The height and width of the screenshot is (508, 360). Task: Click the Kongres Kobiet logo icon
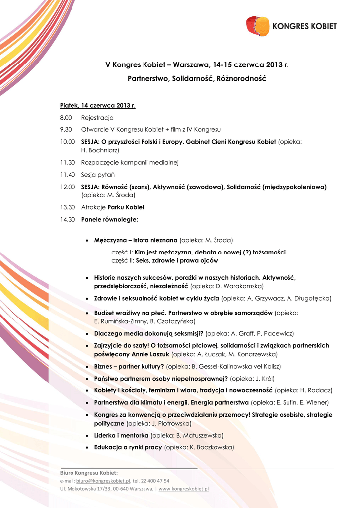pyautogui.click(x=258, y=26)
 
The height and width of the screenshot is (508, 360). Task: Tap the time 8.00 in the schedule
pyautogui.click(x=66, y=118)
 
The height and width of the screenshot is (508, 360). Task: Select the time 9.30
pyautogui.click(x=66, y=130)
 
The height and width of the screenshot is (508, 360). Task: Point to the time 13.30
pyautogui.click(x=67, y=207)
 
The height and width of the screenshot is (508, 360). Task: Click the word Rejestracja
pyautogui.click(x=97, y=118)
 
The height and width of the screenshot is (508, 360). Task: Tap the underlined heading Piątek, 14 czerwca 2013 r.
pyautogui.click(x=97, y=105)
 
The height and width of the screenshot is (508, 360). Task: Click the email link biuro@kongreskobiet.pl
pyautogui.click(x=103, y=481)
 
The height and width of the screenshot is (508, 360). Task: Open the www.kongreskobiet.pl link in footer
pyautogui.click(x=183, y=489)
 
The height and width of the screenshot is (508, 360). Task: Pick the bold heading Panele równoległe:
pyautogui.click(x=110, y=219)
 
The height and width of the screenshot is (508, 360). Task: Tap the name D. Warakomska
pyautogui.click(x=240, y=286)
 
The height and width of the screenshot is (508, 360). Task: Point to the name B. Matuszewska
pyautogui.click(x=200, y=435)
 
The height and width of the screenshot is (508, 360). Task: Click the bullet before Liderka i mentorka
pyautogui.click(x=87, y=435)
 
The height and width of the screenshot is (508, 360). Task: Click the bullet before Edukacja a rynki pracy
pyautogui.click(x=87, y=447)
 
